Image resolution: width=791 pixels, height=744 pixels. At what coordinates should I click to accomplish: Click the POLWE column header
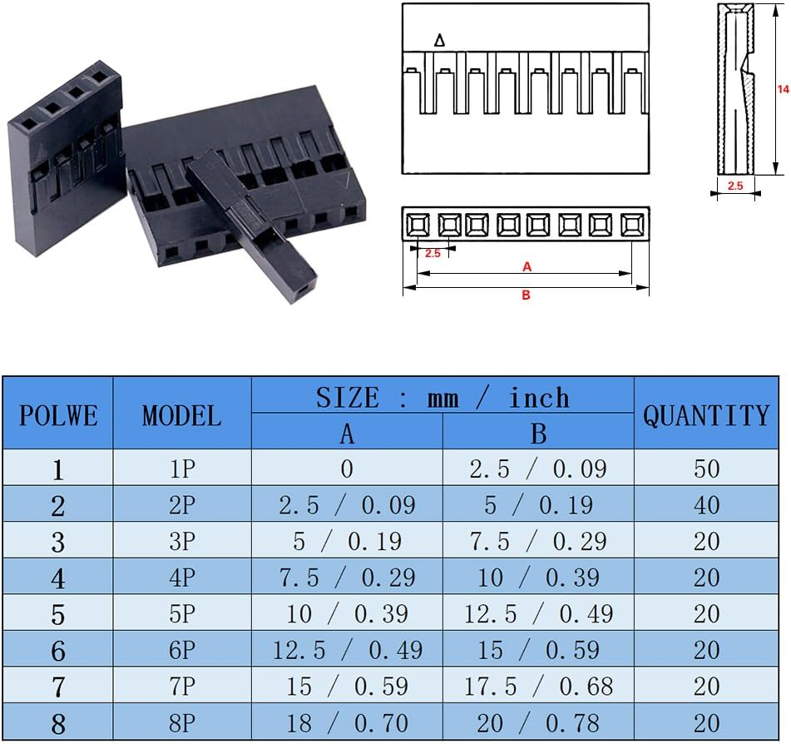(x=57, y=414)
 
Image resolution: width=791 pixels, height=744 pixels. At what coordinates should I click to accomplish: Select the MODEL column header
(x=181, y=414)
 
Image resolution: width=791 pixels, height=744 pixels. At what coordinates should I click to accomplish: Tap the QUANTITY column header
(x=706, y=414)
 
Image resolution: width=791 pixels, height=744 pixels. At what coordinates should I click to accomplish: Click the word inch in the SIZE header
(x=539, y=397)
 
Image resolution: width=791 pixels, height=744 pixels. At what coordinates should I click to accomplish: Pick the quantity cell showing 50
(x=706, y=469)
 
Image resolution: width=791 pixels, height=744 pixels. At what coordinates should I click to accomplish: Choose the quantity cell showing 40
(x=706, y=505)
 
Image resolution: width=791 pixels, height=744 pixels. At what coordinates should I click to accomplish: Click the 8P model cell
(x=181, y=722)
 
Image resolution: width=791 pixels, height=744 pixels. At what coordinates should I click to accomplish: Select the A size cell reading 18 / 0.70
(x=347, y=722)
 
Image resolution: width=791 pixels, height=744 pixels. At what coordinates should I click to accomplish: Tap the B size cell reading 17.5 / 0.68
(x=538, y=686)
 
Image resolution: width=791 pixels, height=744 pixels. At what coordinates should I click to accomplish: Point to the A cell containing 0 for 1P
(x=347, y=469)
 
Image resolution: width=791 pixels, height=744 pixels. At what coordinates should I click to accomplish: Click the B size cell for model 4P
(x=538, y=578)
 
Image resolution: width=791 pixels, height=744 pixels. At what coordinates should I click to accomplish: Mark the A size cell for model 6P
(x=347, y=649)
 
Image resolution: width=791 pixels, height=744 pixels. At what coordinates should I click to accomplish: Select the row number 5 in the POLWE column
(x=57, y=614)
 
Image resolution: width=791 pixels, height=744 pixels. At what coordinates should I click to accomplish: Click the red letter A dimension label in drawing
(x=527, y=267)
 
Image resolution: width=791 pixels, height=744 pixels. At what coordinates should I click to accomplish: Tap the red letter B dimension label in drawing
(x=526, y=295)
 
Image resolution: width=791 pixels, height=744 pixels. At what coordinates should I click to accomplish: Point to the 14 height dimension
(x=782, y=88)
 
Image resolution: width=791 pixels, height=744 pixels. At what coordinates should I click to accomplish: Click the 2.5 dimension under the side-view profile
(x=735, y=186)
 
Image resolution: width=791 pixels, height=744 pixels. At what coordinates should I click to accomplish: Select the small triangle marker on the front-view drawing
(x=440, y=41)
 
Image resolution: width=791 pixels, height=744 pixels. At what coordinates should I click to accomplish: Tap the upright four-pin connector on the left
(x=64, y=158)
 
